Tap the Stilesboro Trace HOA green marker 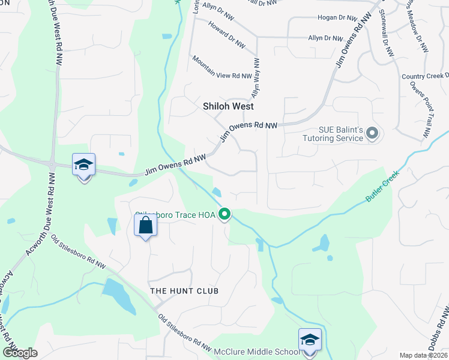(225, 214)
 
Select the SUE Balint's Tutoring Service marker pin (372, 133)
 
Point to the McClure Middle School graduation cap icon (310, 340)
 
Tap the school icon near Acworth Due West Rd (84, 165)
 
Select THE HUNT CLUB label (184, 291)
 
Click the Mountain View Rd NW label (220, 68)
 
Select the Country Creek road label (425, 76)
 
